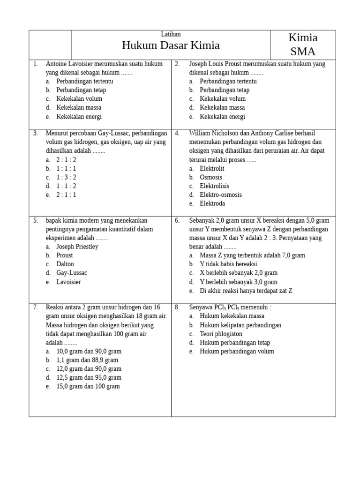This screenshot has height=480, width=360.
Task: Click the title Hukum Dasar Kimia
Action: (x=171, y=45)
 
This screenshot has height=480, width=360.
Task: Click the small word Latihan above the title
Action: (x=171, y=34)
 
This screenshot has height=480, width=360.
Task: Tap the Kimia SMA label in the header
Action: (x=303, y=45)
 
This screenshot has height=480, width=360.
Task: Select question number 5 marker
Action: (x=36, y=220)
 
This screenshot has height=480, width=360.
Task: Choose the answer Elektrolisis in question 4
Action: (x=215, y=186)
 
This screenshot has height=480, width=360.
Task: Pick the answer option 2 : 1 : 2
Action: (x=66, y=160)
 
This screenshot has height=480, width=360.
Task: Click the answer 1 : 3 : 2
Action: (x=66, y=177)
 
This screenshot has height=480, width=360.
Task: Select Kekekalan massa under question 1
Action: (x=79, y=108)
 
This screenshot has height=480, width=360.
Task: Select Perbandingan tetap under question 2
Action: (x=225, y=90)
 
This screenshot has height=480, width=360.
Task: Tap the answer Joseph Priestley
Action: (x=77, y=247)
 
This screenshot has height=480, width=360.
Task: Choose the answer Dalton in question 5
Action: (x=65, y=264)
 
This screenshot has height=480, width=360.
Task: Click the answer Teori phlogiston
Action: (x=221, y=334)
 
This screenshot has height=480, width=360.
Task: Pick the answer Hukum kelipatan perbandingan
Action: (x=240, y=325)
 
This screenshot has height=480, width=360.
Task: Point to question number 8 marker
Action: (x=177, y=307)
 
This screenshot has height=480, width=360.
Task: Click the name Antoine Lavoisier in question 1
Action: (x=69, y=64)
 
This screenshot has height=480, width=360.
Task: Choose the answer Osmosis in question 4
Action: (x=211, y=177)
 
